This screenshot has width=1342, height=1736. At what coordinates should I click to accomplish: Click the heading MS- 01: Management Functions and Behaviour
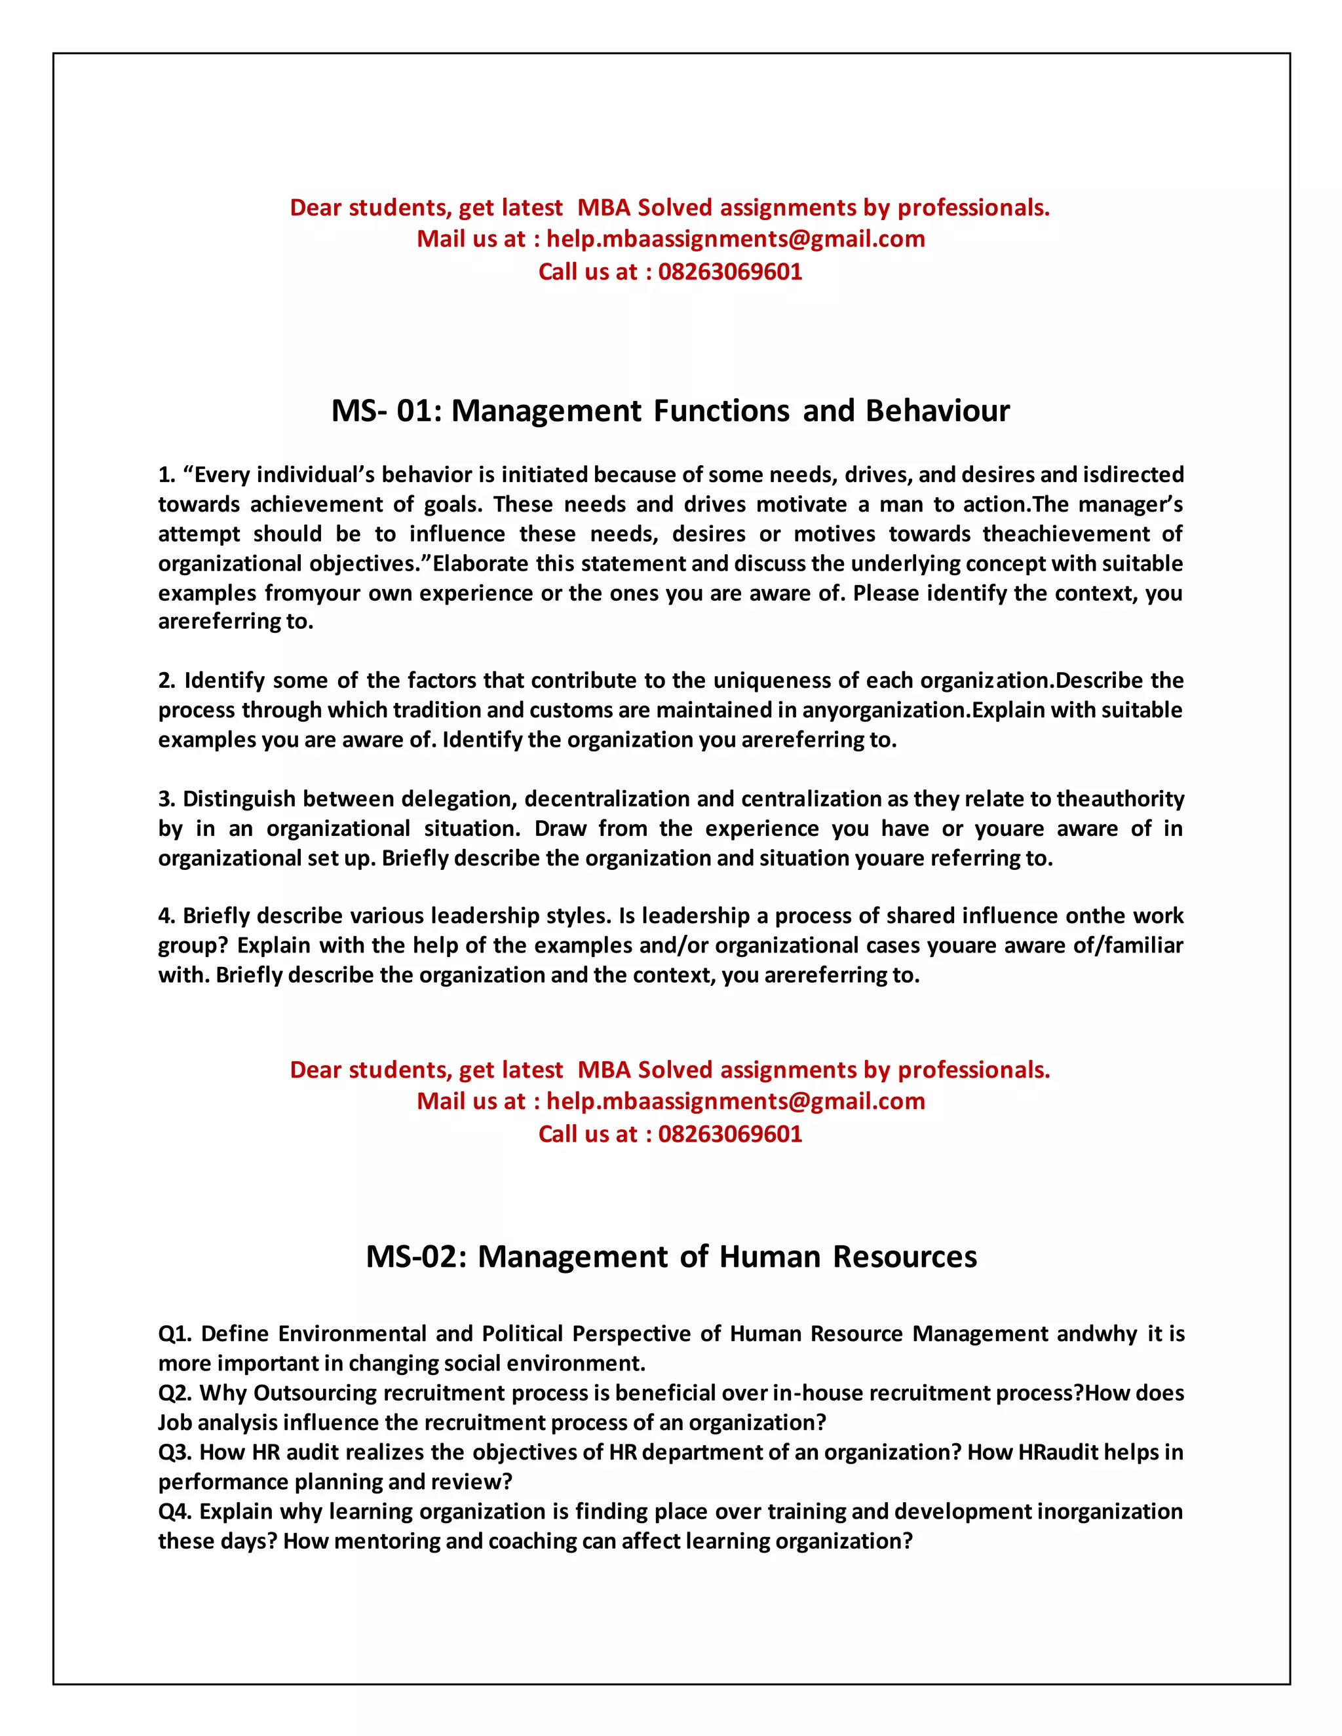point(670,411)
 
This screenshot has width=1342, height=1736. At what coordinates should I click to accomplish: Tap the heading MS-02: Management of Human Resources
point(671,1256)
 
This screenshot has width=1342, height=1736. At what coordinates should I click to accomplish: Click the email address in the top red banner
point(735,239)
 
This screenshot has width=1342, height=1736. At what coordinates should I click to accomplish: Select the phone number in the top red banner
point(730,272)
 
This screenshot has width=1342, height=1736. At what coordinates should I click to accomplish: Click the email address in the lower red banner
point(735,1102)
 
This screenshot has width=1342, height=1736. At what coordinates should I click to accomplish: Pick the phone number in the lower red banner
point(730,1134)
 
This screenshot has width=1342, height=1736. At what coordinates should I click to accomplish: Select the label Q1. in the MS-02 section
point(176,1334)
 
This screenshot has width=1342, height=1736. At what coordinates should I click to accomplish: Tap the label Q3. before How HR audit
point(175,1452)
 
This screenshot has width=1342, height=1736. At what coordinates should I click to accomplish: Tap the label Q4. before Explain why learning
point(176,1512)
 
